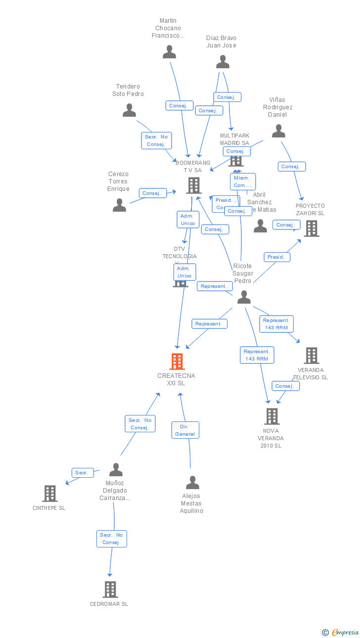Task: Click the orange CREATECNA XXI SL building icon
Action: click(x=177, y=362)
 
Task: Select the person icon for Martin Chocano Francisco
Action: click(x=170, y=52)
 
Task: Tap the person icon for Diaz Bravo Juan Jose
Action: click(x=223, y=62)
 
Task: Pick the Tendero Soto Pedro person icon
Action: click(x=129, y=110)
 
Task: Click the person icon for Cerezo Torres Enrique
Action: click(x=119, y=205)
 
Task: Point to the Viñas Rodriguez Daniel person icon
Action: click(x=279, y=131)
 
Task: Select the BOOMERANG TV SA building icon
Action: click(x=193, y=185)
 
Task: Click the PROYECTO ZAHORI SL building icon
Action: click(x=311, y=228)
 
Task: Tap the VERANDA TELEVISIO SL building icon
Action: click(x=311, y=355)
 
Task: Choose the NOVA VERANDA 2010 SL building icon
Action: click(x=271, y=416)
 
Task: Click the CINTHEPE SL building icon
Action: click(x=50, y=494)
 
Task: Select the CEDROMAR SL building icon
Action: click(x=110, y=589)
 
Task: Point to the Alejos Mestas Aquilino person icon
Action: click(x=192, y=482)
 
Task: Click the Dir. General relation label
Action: click(x=185, y=430)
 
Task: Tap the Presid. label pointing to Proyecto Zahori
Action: click(x=276, y=257)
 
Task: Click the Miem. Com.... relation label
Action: click(x=242, y=182)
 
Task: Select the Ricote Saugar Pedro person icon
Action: click(x=244, y=297)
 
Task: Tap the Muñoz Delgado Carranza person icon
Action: click(x=116, y=469)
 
